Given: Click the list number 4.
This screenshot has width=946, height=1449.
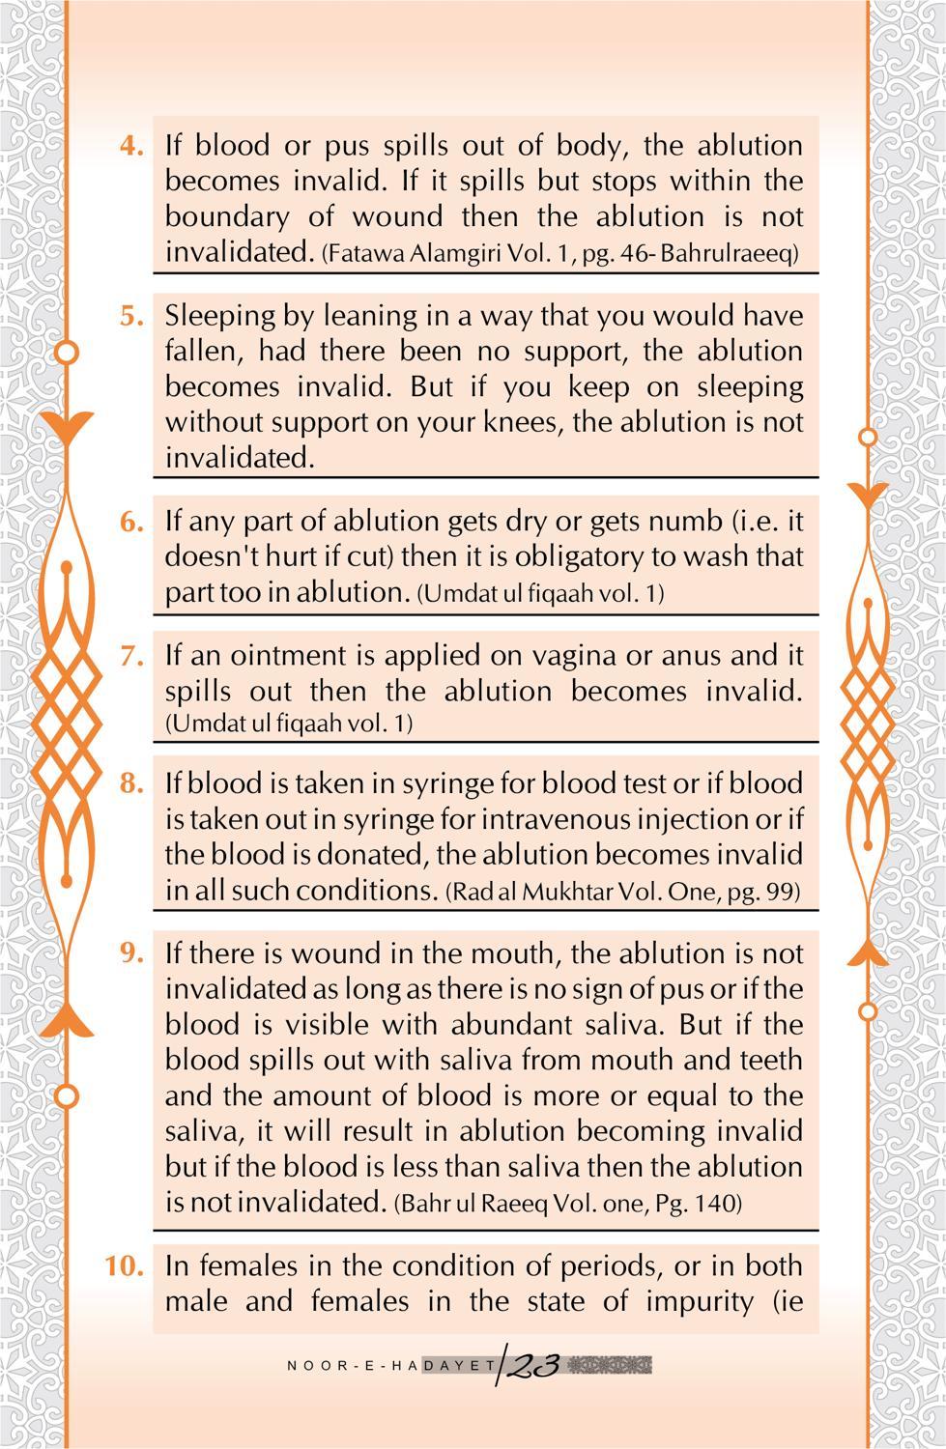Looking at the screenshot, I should coord(132,146).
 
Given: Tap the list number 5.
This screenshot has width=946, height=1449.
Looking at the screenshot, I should coord(132,316).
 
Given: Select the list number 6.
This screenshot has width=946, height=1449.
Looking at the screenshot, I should coord(132,522).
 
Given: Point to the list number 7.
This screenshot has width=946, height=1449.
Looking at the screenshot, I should coord(132,655).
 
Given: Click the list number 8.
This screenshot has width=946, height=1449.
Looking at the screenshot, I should coord(132,783).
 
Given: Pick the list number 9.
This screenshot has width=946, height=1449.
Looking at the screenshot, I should coord(132,953).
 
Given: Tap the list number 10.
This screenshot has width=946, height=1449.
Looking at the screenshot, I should coord(126,1265).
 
